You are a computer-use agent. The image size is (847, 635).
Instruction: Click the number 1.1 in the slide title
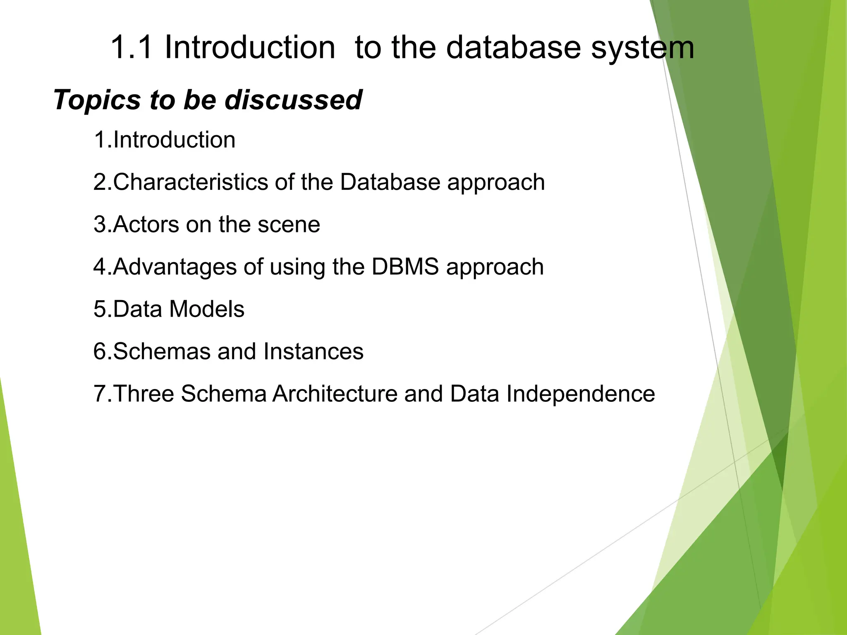(132, 48)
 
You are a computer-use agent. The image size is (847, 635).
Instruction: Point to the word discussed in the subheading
(293, 100)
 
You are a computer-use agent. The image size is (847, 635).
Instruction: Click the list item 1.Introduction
(165, 140)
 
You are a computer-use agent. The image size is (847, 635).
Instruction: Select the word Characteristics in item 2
(191, 182)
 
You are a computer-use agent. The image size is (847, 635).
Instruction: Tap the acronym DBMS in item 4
(405, 267)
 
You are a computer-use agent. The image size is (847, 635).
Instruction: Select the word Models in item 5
(207, 309)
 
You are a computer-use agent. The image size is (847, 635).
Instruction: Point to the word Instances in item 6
(313, 351)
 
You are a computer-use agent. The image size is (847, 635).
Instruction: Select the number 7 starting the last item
(100, 394)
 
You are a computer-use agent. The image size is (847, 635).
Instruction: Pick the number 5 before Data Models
(100, 309)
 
